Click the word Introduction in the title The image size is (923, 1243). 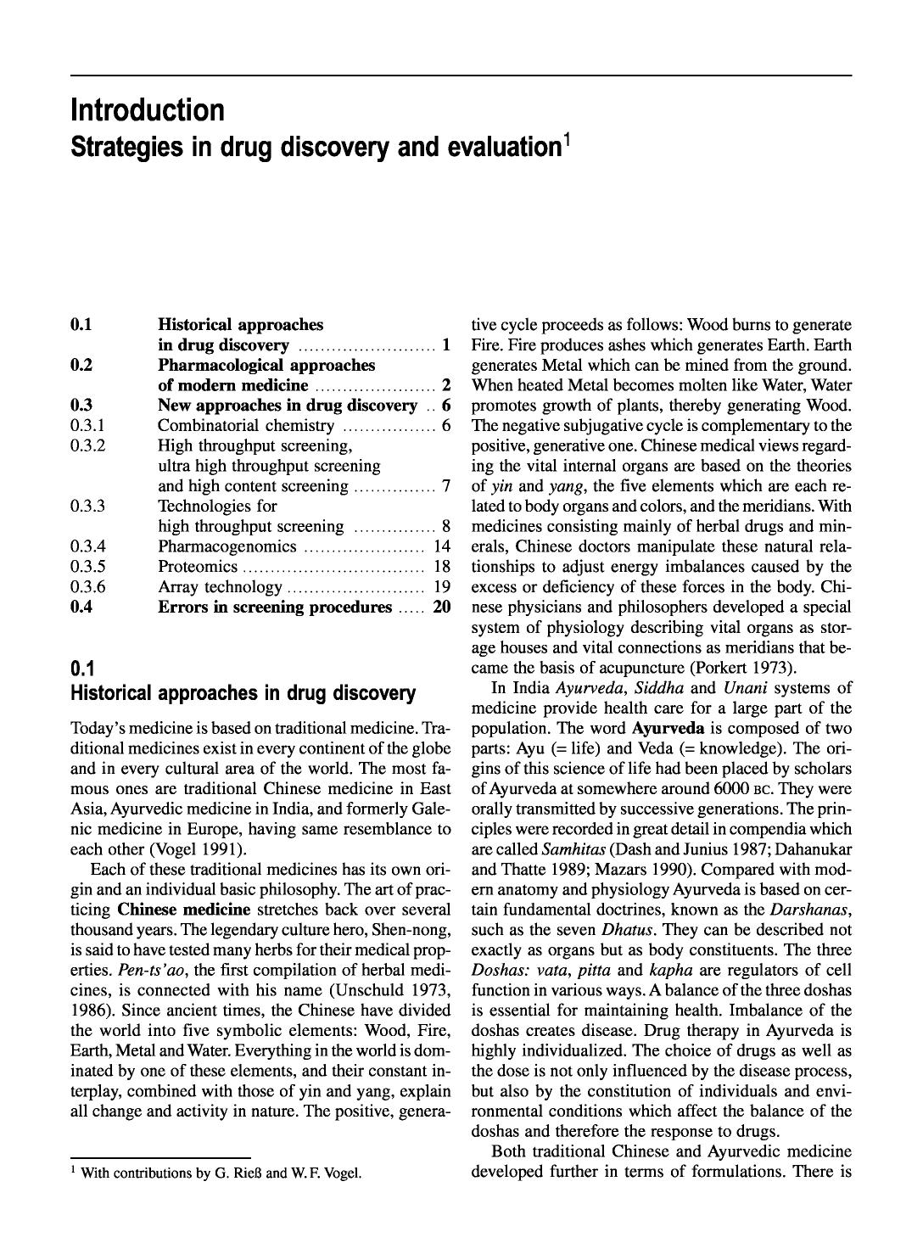148,110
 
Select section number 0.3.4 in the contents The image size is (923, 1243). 88,546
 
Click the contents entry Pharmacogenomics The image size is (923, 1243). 227,546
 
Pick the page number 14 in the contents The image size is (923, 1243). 441,546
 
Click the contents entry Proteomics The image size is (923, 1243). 198,567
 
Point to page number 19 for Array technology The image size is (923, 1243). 441,587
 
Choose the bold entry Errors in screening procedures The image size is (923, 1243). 275,608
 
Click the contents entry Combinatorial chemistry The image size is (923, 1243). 246,425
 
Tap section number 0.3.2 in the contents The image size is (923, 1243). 88,445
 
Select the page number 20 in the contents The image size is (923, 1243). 441,608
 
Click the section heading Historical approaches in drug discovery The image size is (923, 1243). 243,693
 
